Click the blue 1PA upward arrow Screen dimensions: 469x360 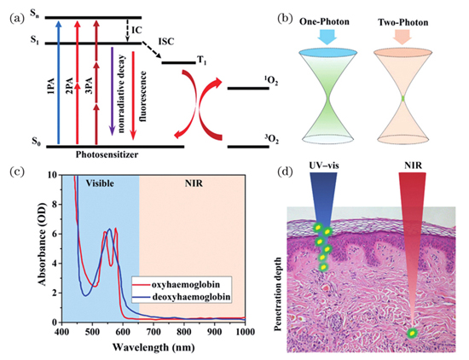(x=59, y=82)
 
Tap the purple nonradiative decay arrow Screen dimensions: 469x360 (x=112, y=90)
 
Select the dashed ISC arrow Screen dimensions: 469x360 (x=152, y=50)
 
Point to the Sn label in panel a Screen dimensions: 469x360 (x=35, y=14)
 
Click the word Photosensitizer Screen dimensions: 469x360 (x=107, y=154)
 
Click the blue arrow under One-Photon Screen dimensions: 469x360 (x=327, y=37)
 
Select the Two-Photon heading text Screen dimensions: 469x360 (x=402, y=22)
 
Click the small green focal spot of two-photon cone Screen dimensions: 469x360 (x=402, y=98)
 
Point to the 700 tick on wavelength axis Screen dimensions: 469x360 (x=153, y=332)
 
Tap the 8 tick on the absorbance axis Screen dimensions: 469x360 (x=55, y=204)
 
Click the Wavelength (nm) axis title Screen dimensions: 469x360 (x=153, y=347)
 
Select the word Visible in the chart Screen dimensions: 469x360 (x=100, y=183)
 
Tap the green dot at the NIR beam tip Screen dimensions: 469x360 (x=413, y=333)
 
